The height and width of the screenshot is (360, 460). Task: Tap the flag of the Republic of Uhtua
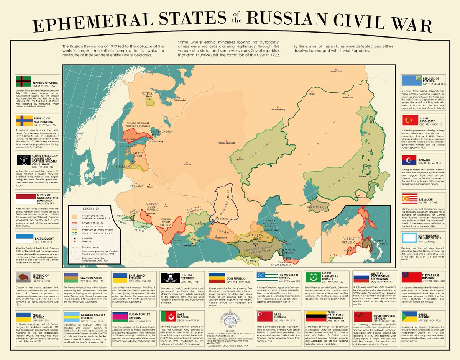[x=23, y=81]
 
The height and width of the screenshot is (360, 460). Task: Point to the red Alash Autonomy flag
[x=409, y=121]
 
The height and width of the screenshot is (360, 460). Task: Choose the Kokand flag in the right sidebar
[x=409, y=160]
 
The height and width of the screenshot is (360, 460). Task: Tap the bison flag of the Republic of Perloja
[x=23, y=278]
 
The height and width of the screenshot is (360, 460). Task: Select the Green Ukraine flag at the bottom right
[x=409, y=317]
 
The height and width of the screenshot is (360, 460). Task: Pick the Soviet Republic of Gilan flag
[x=361, y=317]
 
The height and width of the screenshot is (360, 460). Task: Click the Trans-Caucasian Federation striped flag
[x=313, y=317]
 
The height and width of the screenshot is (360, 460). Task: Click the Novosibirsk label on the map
[x=336, y=71]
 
